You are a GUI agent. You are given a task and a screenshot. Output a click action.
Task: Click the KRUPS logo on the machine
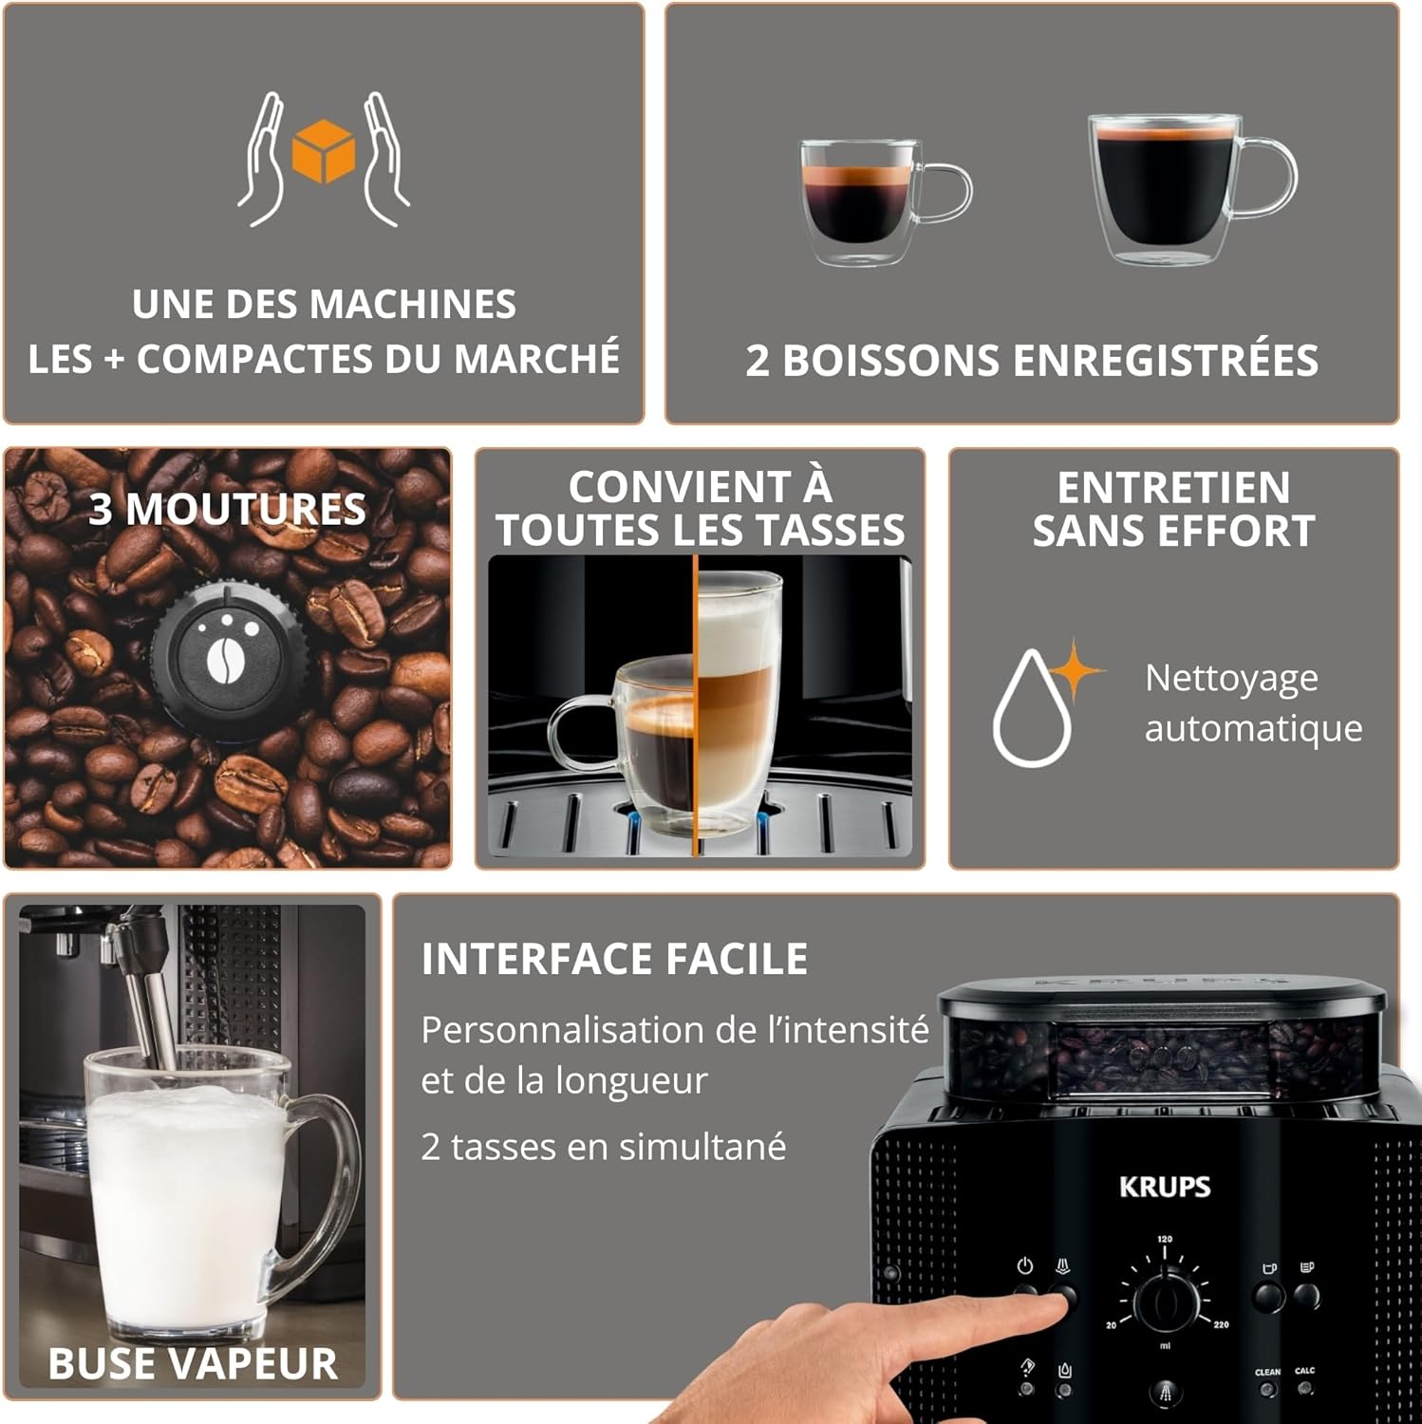(1165, 1187)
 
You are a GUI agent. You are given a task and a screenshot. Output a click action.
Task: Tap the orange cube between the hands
(324, 150)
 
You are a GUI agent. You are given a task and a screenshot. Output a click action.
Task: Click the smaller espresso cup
(859, 200)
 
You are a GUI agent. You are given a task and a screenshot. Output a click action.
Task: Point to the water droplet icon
(1031, 710)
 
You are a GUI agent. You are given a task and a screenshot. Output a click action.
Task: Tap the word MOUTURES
(246, 510)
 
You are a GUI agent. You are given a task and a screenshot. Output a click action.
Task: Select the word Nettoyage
(1231, 679)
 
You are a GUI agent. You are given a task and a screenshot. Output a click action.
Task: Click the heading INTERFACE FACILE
(614, 959)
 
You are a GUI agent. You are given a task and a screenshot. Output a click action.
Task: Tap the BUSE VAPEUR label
(193, 1364)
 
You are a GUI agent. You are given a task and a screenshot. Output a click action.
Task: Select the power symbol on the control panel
(1024, 1266)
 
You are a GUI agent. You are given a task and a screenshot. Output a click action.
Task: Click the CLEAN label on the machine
(1267, 1372)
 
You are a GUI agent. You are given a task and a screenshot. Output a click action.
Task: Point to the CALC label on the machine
(1305, 1371)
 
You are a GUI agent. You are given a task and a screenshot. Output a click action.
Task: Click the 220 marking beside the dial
(1221, 1324)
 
